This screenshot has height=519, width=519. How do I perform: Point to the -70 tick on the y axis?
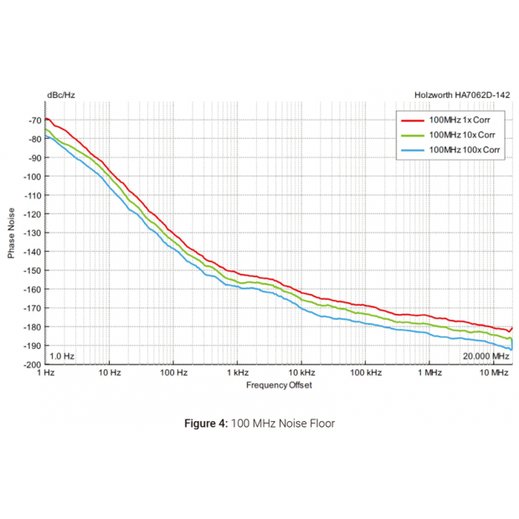(34, 120)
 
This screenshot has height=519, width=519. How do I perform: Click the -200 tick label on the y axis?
(33, 364)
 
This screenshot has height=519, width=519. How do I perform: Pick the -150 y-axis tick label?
(33, 270)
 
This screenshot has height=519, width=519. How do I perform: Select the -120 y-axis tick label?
(33, 213)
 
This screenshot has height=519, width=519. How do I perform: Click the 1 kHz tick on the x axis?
(237, 373)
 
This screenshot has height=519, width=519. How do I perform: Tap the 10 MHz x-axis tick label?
(494, 373)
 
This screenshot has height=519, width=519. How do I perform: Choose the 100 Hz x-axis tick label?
(172, 373)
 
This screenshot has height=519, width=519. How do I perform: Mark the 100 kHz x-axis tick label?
(365, 373)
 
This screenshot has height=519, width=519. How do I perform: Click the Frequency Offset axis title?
(279, 385)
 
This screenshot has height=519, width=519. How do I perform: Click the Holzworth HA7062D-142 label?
(463, 95)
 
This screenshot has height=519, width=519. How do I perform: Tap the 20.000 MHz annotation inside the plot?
(485, 357)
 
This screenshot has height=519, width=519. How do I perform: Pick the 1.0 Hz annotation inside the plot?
(63, 357)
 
